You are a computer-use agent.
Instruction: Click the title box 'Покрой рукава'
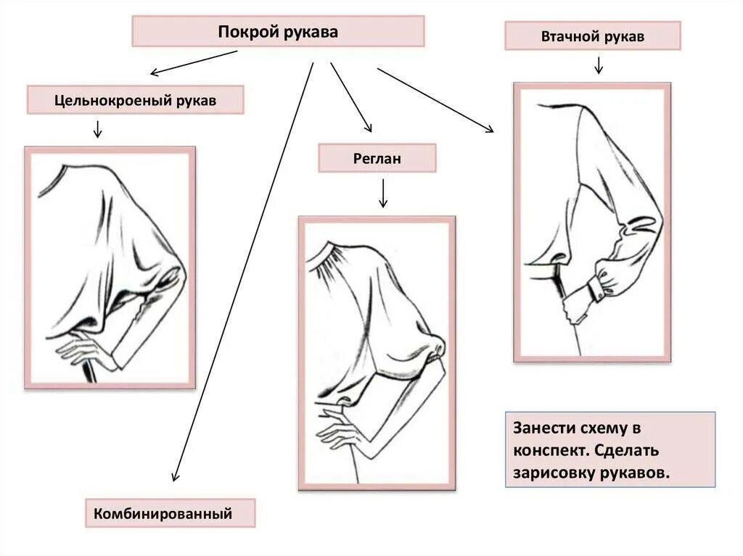click(x=277, y=32)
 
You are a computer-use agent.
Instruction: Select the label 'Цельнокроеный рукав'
click(x=135, y=100)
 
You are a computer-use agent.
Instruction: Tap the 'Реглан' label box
click(x=377, y=158)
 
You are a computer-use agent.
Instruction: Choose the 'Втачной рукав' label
click(x=592, y=36)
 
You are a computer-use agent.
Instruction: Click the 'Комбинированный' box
click(x=171, y=514)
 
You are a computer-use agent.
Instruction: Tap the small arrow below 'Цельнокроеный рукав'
click(x=97, y=130)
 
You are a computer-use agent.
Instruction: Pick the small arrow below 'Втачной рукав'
click(x=599, y=65)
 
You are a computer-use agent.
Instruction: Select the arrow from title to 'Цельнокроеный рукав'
click(x=194, y=62)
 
